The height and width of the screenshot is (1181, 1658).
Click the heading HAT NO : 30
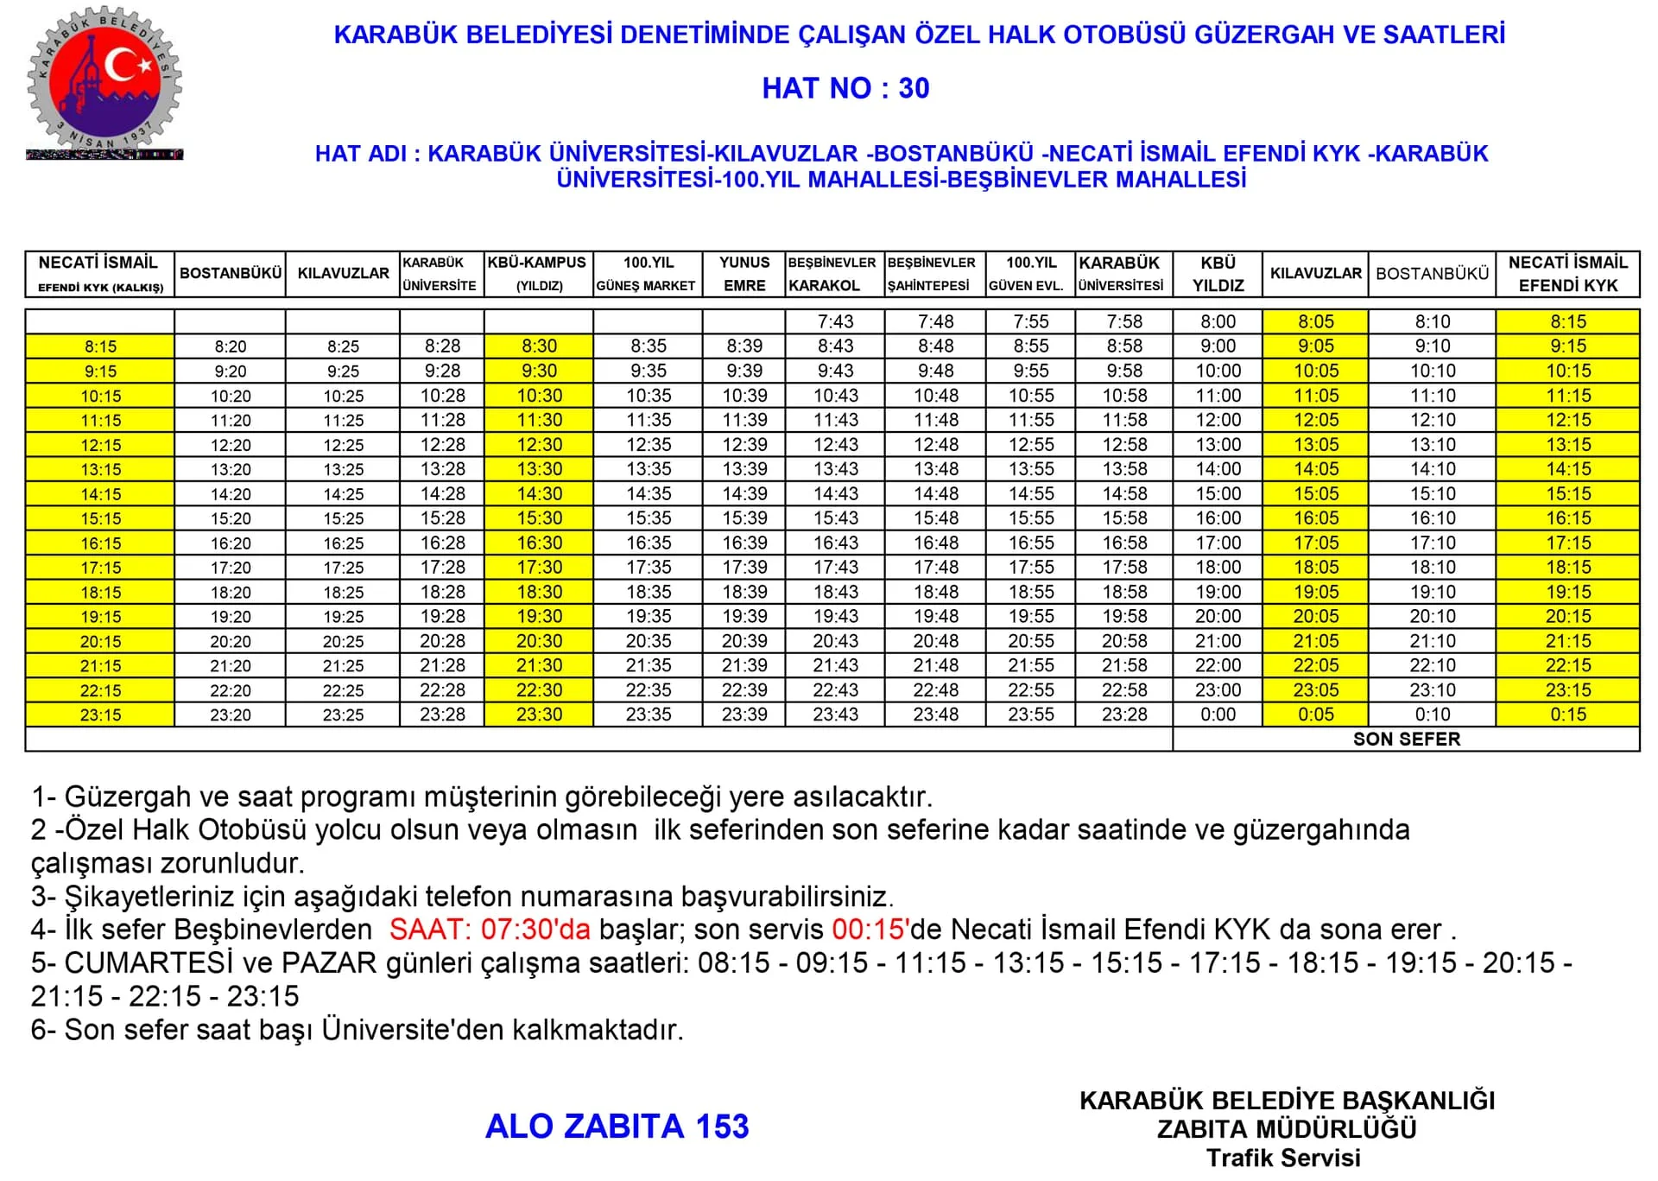(845, 88)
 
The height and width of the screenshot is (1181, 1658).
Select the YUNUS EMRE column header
(744, 274)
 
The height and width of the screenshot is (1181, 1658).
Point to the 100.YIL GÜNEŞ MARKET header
(648, 274)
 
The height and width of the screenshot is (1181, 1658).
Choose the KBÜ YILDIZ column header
(1218, 274)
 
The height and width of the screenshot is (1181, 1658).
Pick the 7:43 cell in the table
(835, 321)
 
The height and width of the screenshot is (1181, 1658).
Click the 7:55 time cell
(1031, 321)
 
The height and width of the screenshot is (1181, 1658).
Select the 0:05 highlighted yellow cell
(1315, 714)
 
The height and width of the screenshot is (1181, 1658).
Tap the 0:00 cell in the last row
(1218, 714)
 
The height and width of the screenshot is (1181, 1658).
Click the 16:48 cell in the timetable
(935, 543)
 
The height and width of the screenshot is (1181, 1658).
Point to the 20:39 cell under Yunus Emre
(744, 641)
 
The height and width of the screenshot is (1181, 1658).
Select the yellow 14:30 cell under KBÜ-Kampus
(539, 493)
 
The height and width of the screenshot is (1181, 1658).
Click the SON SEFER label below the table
(1406, 740)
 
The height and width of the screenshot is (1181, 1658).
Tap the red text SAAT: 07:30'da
(490, 930)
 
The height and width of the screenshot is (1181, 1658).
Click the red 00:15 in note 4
(868, 930)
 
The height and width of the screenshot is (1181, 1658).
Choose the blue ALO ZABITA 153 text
(617, 1127)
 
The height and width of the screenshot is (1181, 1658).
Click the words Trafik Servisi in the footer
(1283, 1158)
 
